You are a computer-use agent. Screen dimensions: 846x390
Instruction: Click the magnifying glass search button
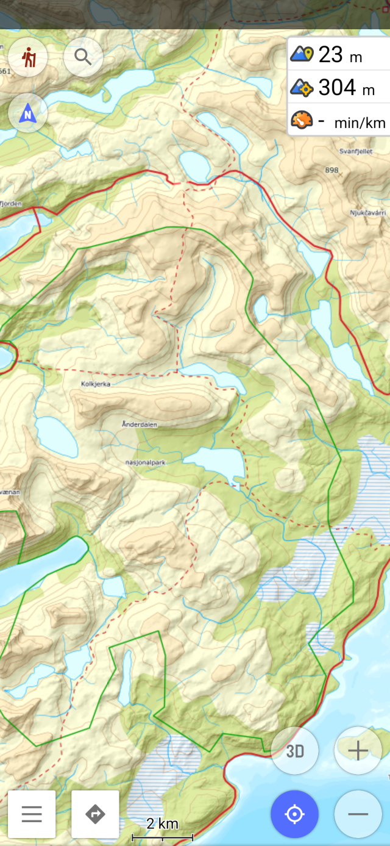point(83,57)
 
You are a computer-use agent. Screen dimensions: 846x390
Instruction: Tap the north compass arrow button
point(28,113)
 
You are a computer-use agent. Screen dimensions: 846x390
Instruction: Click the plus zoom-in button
point(358,751)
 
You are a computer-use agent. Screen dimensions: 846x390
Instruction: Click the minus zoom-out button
point(358,814)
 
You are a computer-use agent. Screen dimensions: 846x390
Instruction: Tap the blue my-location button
point(294,814)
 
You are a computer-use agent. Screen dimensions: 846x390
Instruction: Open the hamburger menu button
point(32,814)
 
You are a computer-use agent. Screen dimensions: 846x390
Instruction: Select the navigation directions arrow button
point(95,814)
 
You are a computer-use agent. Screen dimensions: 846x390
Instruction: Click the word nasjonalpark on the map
point(146,462)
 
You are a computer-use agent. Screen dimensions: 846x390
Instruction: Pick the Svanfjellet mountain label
point(356,150)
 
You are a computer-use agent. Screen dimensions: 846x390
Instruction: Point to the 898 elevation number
point(331,170)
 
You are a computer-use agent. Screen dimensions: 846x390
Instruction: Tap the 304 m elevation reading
point(346,88)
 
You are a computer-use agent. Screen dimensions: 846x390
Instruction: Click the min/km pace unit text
point(360,123)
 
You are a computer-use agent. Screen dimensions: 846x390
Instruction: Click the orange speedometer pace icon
point(302,120)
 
